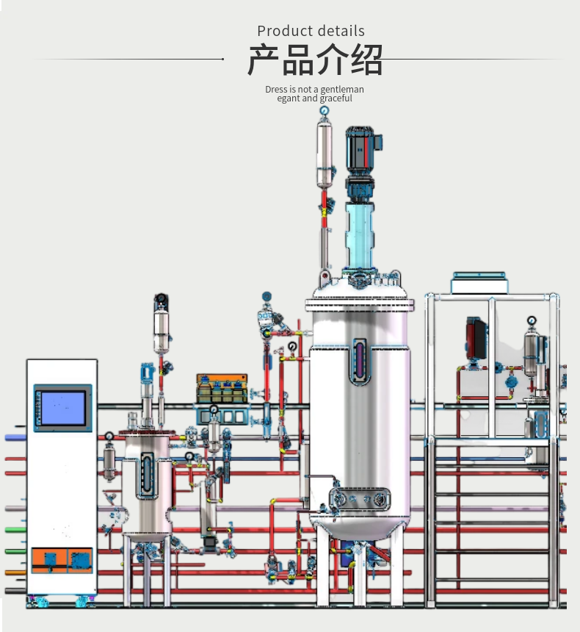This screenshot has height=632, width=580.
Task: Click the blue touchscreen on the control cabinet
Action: pos(63,408)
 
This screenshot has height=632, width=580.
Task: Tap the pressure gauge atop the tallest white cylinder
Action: pos(324,110)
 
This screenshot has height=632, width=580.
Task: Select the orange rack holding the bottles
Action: pos(220,389)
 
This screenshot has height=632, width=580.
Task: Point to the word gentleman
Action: pos(342,90)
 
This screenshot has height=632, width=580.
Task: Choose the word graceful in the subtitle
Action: pos(336,98)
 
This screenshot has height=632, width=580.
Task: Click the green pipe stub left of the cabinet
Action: pos(15,529)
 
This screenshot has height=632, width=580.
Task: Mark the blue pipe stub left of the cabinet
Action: pos(15,437)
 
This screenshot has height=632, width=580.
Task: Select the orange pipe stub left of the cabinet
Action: pos(15,572)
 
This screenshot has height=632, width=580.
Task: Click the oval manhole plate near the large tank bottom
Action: pos(360,498)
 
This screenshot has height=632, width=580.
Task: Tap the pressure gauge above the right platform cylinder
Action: pos(531,320)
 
